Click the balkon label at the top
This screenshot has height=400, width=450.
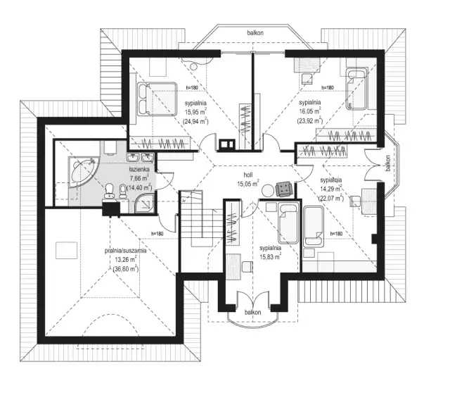coord(255,33)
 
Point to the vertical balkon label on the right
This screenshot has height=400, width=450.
coord(387,161)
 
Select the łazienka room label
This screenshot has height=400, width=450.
coord(139,170)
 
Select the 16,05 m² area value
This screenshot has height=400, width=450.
coord(309,111)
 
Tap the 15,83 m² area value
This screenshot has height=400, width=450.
coord(269,258)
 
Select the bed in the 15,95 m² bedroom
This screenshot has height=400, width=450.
coord(157,99)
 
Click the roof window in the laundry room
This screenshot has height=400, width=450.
coord(66,251)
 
